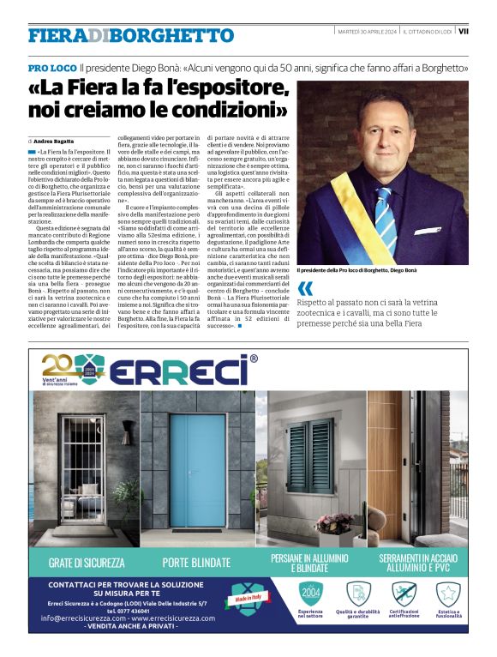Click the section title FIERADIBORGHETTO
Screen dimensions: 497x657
tap(130, 35)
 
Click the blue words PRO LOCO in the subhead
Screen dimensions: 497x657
tap(51, 67)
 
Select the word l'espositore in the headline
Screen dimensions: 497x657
tap(219, 87)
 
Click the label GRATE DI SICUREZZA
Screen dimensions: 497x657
tap(87, 563)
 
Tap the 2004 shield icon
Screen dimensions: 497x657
tap(312, 594)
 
